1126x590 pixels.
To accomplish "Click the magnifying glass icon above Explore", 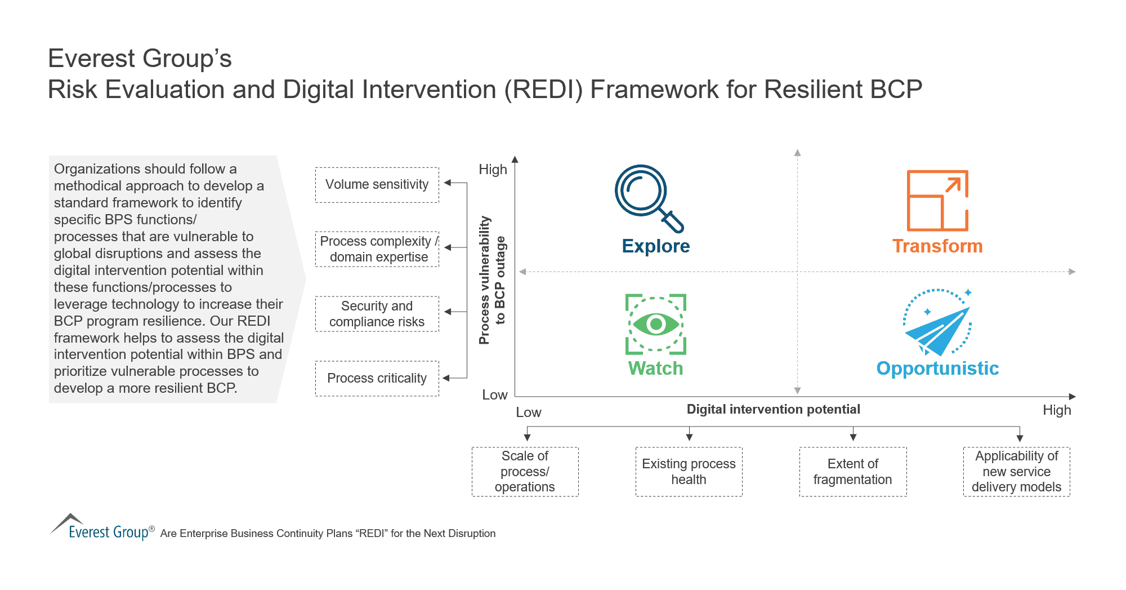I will [x=647, y=197].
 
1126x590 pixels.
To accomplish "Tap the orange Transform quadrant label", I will [x=937, y=246].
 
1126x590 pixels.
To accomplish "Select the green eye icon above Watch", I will [x=656, y=324].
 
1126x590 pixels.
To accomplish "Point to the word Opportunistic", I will [x=937, y=369].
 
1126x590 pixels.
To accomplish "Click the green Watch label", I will [x=655, y=369].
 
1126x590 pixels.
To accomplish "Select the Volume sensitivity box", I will [x=377, y=185].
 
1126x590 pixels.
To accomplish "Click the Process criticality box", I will [x=377, y=378].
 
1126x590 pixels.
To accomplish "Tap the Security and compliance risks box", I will [x=377, y=314].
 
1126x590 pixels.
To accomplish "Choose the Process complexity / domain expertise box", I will [x=377, y=249].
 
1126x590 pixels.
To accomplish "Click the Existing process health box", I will [x=689, y=472].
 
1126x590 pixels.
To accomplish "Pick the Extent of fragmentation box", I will [x=852, y=472].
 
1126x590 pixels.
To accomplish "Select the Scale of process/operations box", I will [x=525, y=472].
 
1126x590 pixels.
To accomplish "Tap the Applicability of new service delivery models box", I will [x=1016, y=472].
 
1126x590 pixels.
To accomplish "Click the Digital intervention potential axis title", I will [x=773, y=410].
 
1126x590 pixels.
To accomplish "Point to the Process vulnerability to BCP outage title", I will [x=491, y=280].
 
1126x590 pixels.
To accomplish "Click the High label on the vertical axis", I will [x=493, y=170].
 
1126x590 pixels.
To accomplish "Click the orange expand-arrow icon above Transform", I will [x=937, y=201].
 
